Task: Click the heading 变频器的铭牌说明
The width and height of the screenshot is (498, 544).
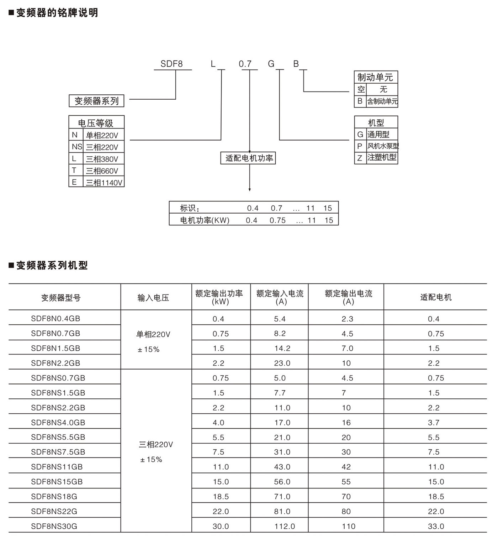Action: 57,13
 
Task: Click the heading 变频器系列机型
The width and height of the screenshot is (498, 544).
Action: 52,266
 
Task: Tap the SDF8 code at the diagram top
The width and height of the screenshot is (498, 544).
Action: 171,64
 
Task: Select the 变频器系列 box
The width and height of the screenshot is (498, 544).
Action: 96,101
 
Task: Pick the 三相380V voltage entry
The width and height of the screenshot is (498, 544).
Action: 102,159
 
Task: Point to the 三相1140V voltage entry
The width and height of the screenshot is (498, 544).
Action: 104,183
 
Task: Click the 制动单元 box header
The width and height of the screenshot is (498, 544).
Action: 376,77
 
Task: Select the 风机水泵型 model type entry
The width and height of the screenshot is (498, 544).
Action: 383,146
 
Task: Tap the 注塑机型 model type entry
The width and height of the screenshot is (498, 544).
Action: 382,157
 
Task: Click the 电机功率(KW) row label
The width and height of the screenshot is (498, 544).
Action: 205,220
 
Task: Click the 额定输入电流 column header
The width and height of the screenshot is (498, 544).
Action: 280,297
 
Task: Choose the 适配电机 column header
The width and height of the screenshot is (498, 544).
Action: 435,297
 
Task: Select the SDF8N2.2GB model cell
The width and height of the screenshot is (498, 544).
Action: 55,363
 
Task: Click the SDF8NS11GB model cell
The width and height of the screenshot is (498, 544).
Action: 57,467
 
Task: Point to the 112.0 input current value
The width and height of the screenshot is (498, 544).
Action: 285,526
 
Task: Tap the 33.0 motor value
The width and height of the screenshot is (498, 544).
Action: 436,526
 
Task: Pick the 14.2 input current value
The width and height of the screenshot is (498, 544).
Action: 282,348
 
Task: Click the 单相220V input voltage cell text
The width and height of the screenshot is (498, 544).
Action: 153,334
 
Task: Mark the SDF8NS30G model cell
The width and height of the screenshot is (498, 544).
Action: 54,526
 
